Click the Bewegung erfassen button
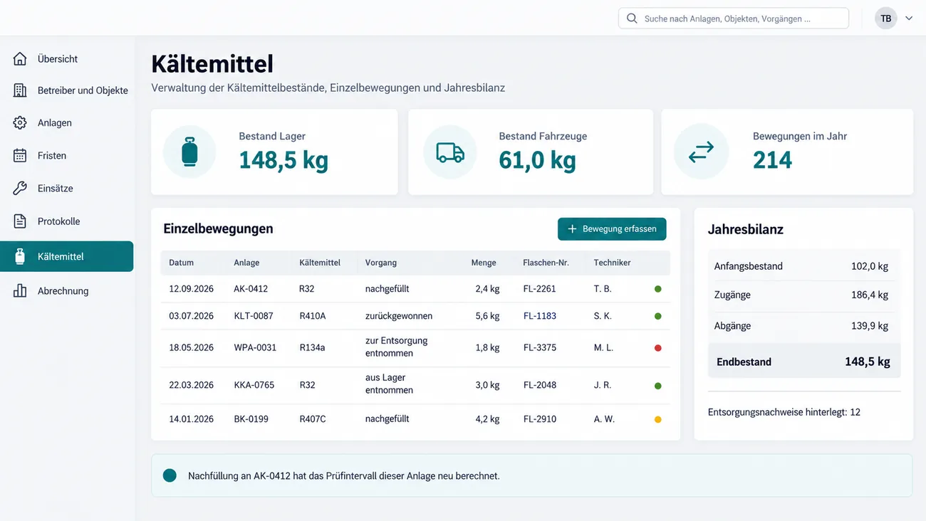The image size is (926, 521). [612, 229]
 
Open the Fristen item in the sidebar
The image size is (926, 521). [52, 155]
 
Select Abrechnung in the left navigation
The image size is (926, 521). [63, 291]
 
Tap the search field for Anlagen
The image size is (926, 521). [734, 19]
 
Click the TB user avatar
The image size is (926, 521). [885, 19]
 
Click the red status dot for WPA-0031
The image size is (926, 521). [657, 348]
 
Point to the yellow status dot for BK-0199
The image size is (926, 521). [657, 419]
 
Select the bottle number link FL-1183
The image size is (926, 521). [539, 316]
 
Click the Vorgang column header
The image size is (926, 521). [381, 263]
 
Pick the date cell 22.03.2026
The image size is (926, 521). [191, 385]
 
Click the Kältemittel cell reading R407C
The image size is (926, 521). [313, 419]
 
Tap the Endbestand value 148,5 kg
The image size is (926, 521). [868, 362]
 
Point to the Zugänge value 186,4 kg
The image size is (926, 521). [869, 295]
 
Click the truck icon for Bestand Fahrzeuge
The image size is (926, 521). [450, 152]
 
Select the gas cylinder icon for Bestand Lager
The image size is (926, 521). [189, 152]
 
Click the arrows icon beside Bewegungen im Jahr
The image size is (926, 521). [701, 152]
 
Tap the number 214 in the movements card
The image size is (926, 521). [772, 160]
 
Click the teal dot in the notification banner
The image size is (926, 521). [170, 475]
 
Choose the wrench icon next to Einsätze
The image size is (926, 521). [19, 188]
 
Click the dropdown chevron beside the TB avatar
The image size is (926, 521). [909, 19]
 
